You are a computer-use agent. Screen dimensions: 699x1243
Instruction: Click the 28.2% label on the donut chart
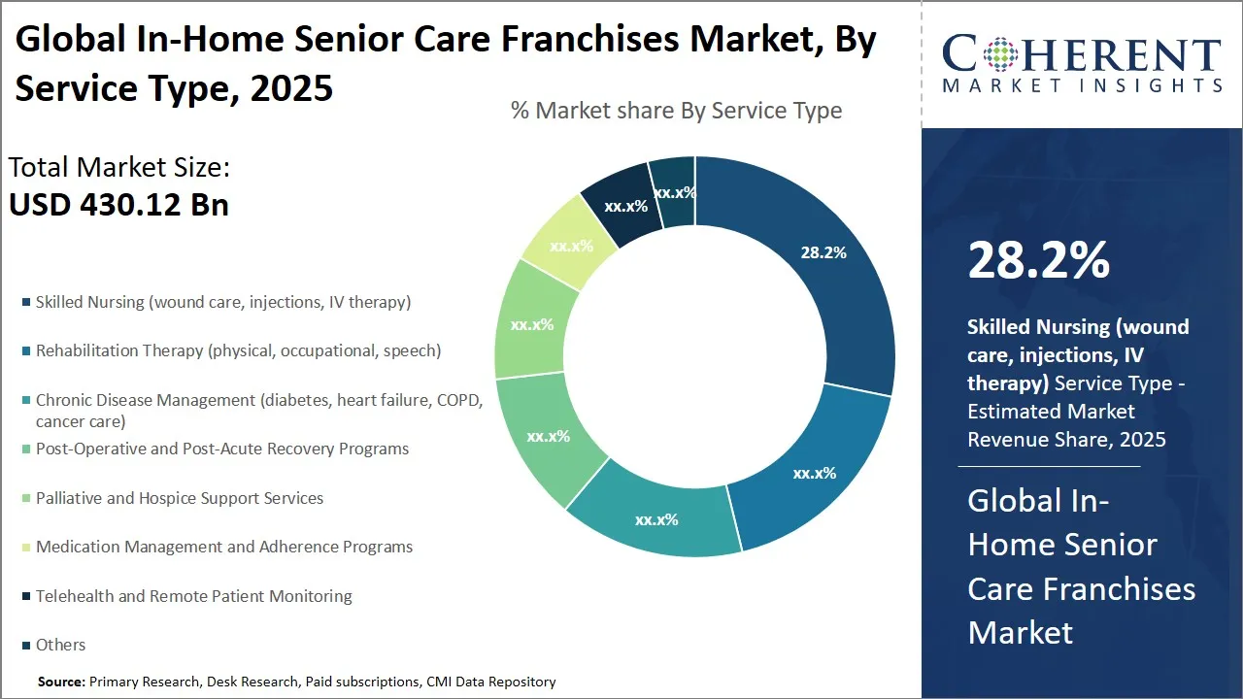pyautogui.click(x=823, y=252)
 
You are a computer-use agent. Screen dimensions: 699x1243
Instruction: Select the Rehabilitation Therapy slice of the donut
pyautogui.click(x=814, y=473)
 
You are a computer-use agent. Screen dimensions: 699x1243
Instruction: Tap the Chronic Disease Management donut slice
pyautogui.click(x=657, y=519)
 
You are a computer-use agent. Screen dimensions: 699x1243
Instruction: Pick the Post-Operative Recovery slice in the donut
pyautogui.click(x=549, y=437)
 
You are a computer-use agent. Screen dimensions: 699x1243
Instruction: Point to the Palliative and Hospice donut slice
pyautogui.click(x=531, y=324)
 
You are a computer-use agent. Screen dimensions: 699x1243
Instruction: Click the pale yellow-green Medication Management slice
pyautogui.click(x=571, y=246)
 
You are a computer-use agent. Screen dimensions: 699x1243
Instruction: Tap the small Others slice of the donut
pyautogui.click(x=674, y=192)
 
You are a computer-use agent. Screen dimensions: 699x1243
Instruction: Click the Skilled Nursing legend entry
pyautogui.click(x=222, y=302)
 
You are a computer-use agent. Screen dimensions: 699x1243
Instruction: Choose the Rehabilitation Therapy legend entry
pyautogui.click(x=238, y=350)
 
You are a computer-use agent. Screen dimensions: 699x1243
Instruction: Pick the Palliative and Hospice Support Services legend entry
pyautogui.click(x=180, y=498)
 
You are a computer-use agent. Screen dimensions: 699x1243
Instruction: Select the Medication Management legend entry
pyautogui.click(x=223, y=547)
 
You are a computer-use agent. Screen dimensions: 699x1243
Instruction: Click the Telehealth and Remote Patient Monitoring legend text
pyautogui.click(x=193, y=596)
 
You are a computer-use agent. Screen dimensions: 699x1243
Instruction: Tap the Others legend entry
pyautogui.click(x=60, y=645)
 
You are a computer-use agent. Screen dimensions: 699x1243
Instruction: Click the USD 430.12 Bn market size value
pyautogui.click(x=118, y=205)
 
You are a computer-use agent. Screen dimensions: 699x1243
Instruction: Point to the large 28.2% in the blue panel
pyautogui.click(x=1038, y=260)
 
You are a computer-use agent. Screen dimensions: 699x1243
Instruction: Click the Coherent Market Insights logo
pyautogui.click(x=1082, y=64)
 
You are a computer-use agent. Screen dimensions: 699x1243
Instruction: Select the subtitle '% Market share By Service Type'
pyautogui.click(x=676, y=111)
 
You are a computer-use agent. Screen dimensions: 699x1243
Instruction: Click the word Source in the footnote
pyautogui.click(x=61, y=682)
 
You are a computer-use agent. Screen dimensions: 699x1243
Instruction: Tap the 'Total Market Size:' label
pyautogui.click(x=118, y=168)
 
